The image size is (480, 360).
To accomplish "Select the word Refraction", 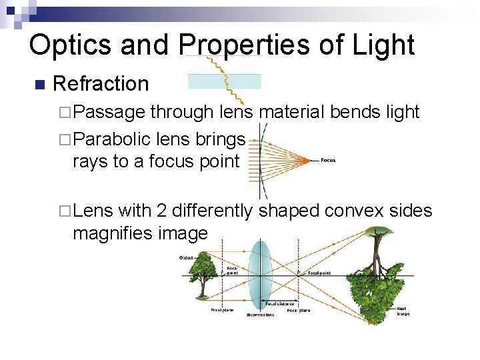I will click(x=100, y=84).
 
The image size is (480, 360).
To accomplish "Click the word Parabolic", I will click(x=114, y=139).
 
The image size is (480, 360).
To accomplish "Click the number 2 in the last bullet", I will click(x=161, y=211).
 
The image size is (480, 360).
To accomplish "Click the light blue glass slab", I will click(x=224, y=81).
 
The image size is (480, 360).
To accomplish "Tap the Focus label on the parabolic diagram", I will click(x=328, y=160).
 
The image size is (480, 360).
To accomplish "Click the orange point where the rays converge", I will click(x=309, y=160).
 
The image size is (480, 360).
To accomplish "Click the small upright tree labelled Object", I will click(x=200, y=276).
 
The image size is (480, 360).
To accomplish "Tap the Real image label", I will click(x=403, y=311).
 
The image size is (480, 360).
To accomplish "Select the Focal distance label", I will click(x=280, y=304).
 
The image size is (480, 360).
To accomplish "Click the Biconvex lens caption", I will click(x=260, y=315).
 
